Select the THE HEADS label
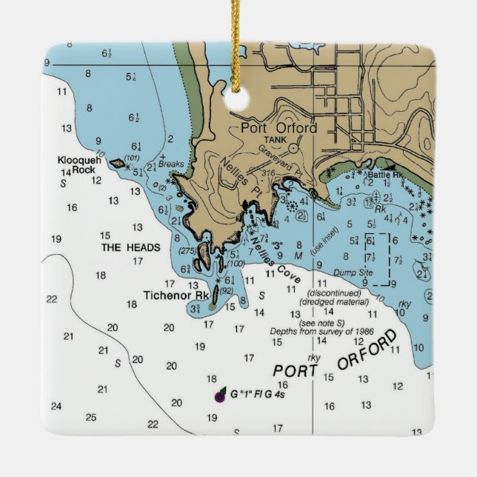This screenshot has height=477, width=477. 130,247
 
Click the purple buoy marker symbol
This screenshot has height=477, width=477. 220,397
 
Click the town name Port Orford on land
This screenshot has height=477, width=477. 278,127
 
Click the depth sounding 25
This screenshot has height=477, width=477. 91,418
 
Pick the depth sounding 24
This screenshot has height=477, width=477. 56,406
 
